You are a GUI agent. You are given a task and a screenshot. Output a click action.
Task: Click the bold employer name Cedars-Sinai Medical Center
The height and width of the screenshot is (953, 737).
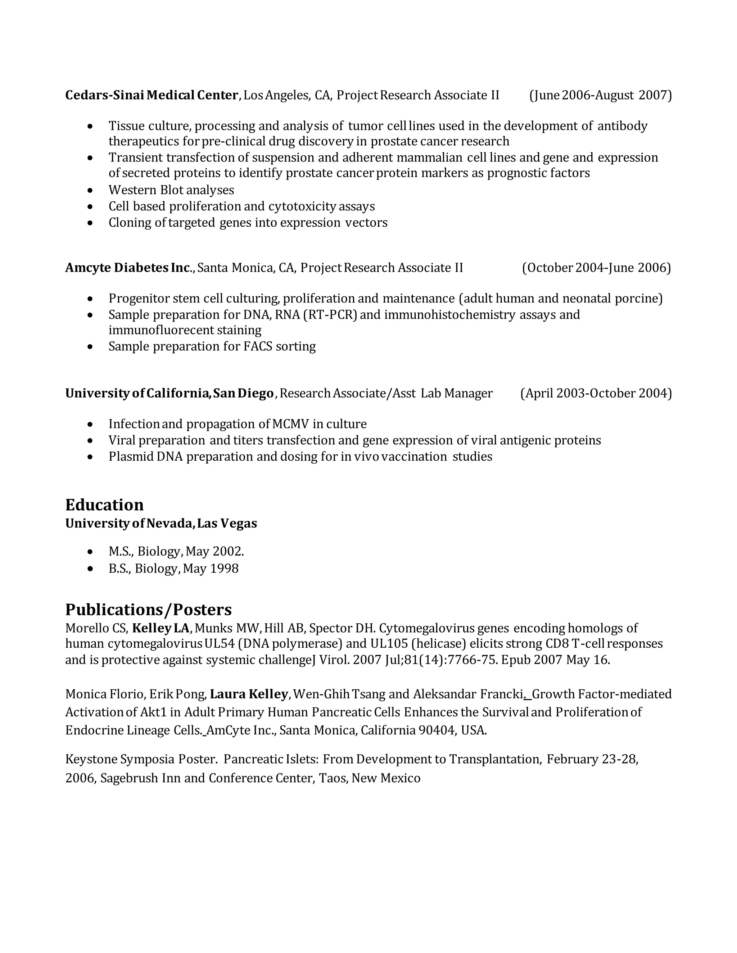point(152,95)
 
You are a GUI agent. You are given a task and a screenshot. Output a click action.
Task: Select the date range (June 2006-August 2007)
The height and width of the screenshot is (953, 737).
point(600,95)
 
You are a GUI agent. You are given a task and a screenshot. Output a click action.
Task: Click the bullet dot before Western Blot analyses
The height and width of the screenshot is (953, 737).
point(90,191)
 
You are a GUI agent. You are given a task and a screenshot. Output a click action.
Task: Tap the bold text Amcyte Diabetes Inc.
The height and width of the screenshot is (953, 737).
point(128,268)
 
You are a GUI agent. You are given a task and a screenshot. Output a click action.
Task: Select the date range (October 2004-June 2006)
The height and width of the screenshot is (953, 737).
point(596,268)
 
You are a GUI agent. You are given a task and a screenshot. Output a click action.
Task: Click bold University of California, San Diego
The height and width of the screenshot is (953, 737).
point(169,393)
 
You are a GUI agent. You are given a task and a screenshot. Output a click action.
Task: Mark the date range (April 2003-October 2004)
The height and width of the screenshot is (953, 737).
point(596,393)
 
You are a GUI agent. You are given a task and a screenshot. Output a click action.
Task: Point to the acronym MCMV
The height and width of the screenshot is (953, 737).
point(290,424)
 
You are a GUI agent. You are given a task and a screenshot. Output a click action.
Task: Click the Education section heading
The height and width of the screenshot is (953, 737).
point(104,505)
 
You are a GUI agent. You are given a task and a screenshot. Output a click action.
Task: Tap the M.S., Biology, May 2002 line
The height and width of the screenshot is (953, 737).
point(176,552)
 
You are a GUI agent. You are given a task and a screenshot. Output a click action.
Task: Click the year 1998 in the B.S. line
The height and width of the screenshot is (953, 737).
point(224,569)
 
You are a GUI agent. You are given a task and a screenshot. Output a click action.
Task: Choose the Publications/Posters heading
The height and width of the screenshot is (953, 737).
point(149,610)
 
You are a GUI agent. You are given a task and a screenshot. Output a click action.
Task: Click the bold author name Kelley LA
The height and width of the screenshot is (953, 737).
point(160,628)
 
